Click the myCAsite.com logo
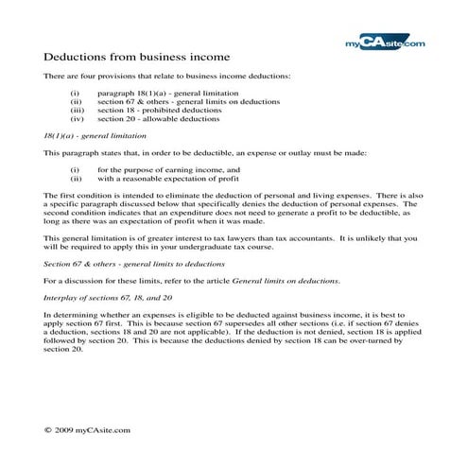point(386,42)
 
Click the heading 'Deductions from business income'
point(136,57)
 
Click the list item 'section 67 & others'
point(133,103)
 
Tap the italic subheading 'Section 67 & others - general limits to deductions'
point(129,258)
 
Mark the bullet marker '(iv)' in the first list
point(77,120)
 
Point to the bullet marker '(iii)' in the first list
point(77,112)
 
